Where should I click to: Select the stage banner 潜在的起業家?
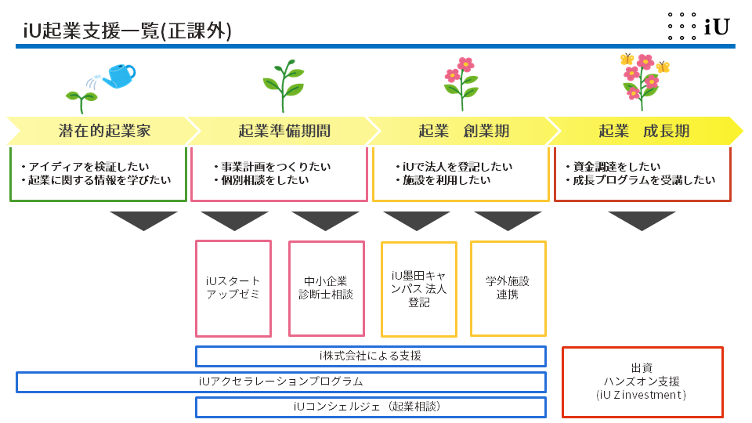(x=103, y=131)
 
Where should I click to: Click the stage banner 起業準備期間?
(x=284, y=131)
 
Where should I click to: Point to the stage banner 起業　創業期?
(x=464, y=131)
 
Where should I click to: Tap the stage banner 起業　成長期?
(x=644, y=131)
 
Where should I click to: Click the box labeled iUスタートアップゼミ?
(x=233, y=288)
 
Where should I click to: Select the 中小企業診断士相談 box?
(x=326, y=288)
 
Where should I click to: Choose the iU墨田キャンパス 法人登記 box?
(x=418, y=288)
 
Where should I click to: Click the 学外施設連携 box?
(x=508, y=288)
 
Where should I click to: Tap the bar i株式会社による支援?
(x=370, y=356)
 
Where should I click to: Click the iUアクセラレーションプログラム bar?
(x=280, y=382)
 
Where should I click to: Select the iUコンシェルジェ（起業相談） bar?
(x=370, y=407)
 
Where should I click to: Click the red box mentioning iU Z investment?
(x=642, y=381)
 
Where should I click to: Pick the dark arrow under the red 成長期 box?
(x=642, y=219)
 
